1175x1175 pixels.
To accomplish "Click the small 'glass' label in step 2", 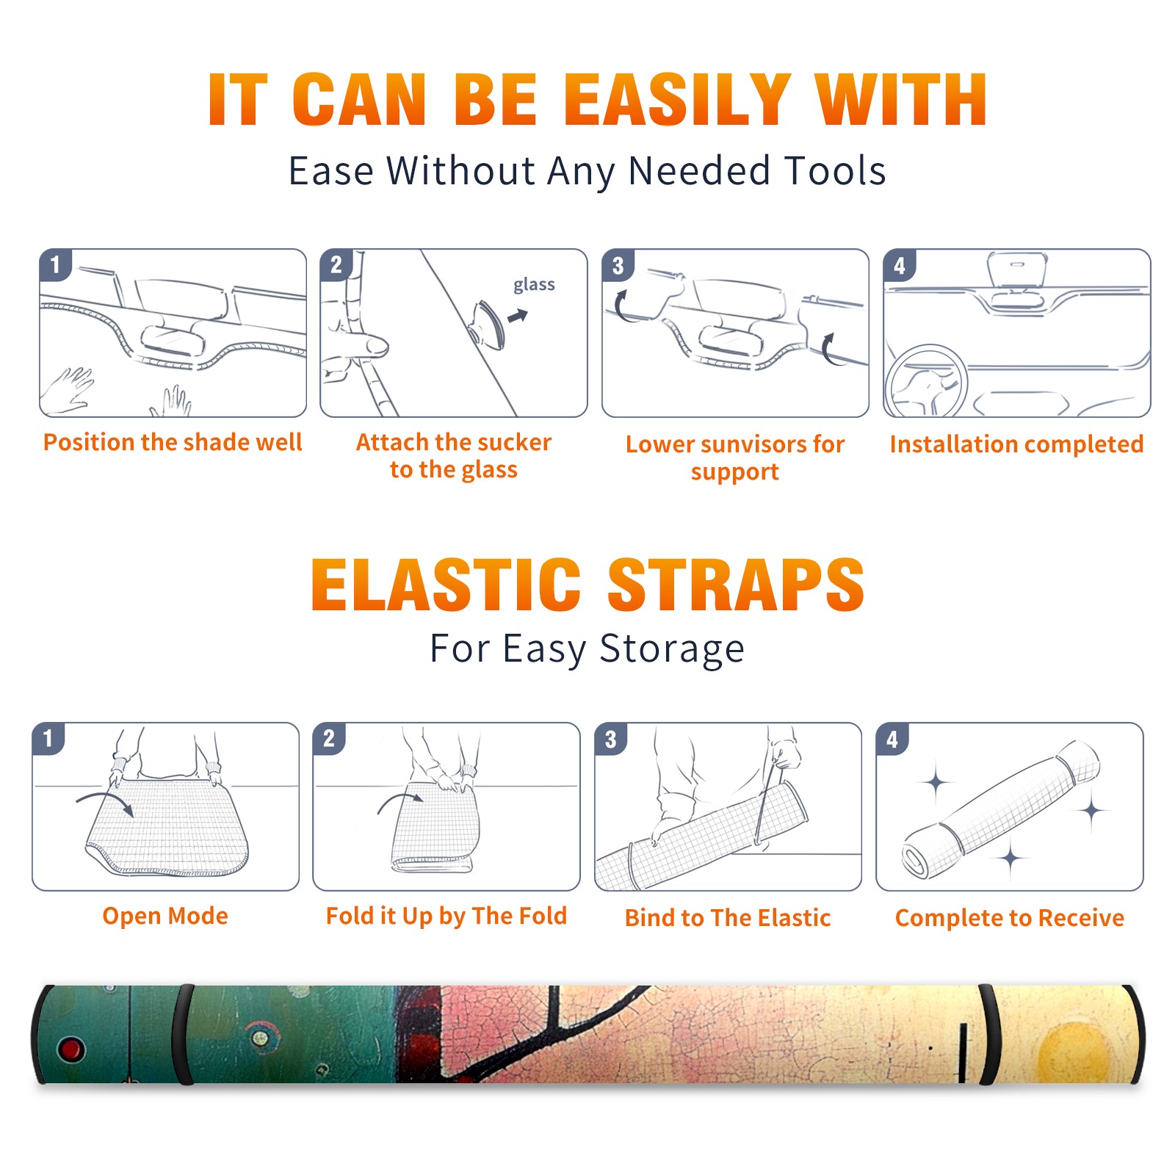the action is [534, 285].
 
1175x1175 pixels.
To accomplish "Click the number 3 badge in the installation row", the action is [618, 265].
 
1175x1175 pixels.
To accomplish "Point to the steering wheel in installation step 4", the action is [926, 380].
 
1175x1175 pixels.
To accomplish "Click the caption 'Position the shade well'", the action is [173, 442].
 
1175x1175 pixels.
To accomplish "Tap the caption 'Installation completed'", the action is [1016, 444].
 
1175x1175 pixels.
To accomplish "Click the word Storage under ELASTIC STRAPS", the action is [672, 649].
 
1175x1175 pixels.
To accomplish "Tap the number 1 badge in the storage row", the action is [48, 738].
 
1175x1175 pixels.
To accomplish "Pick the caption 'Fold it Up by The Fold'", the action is [446, 916].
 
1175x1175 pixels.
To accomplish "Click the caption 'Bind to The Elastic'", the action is [728, 917].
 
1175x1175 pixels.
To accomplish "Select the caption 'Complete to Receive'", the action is [1010, 917].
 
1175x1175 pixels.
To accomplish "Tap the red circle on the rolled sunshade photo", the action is [71, 1049].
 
